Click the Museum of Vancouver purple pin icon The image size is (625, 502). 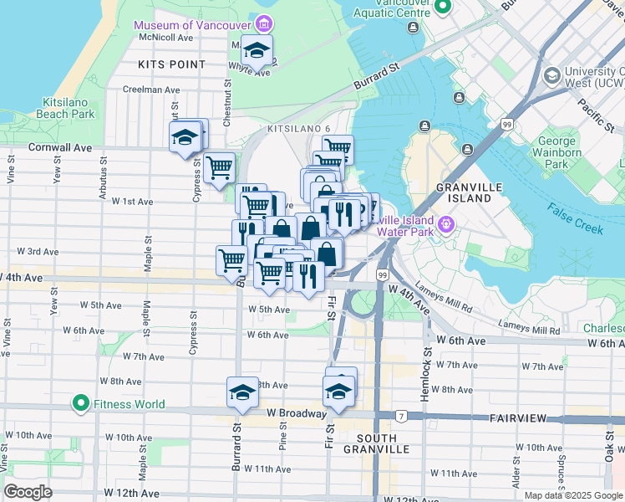(265, 24)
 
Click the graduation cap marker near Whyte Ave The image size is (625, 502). (258, 51)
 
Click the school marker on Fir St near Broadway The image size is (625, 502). (338, 391)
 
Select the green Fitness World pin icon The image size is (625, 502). (81, 404)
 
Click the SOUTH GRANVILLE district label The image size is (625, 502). (383, 443)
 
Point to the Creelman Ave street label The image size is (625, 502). (150, 90)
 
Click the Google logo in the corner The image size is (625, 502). (28, 492)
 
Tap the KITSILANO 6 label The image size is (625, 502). (298, 129)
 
